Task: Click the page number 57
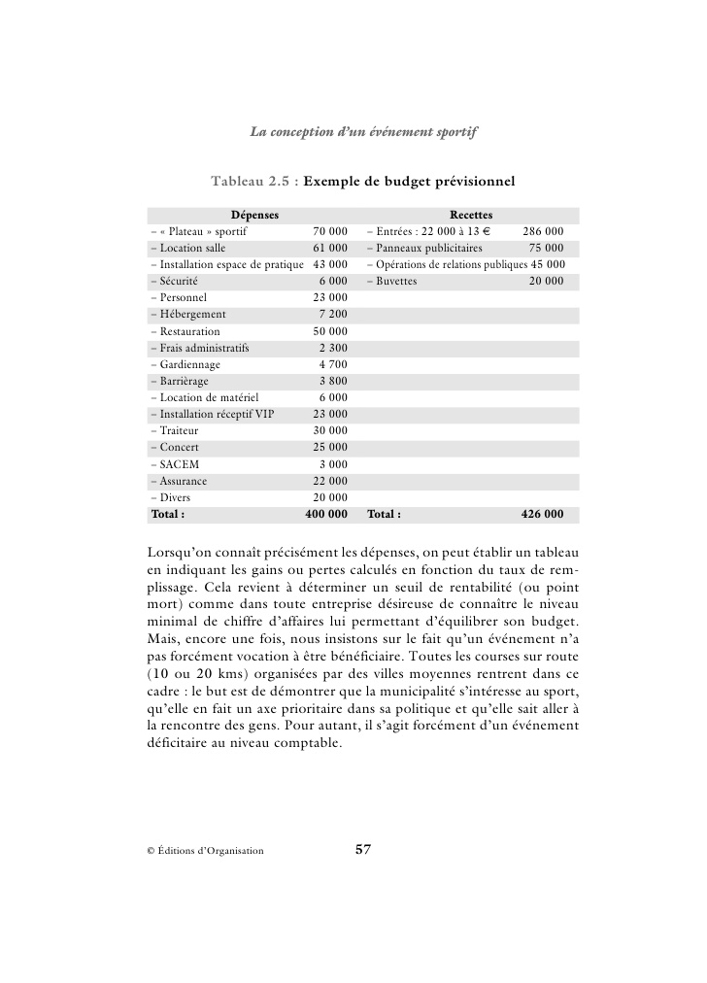[363, 850]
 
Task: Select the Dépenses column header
[253, 215]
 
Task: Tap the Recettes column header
[471, 215]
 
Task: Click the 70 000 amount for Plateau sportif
[329, 232]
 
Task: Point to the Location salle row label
[188, 249]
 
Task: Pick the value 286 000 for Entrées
[543, 232]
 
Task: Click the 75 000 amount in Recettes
[546, 249]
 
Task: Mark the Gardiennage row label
[185, 364]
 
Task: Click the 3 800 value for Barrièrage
[332, 381]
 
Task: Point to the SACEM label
[175, 464]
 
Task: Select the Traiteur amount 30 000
[329, 430]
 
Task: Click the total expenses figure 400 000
[326, 515]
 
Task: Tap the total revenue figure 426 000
[542, 515]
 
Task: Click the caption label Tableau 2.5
[254, 181]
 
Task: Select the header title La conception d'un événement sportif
[364, 131]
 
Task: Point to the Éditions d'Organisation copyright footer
[205, 851]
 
